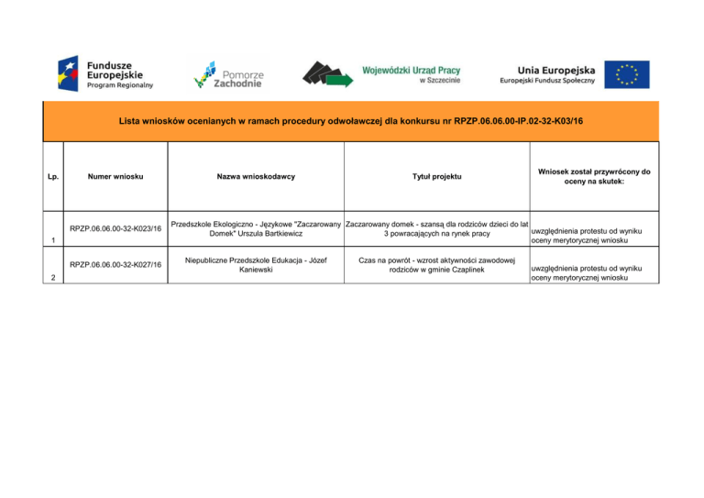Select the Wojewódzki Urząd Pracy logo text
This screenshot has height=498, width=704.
[412, 69]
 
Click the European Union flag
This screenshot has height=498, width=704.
[632, 74]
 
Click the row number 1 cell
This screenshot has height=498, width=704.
[53, 240]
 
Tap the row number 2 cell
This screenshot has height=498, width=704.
[53, 277]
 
